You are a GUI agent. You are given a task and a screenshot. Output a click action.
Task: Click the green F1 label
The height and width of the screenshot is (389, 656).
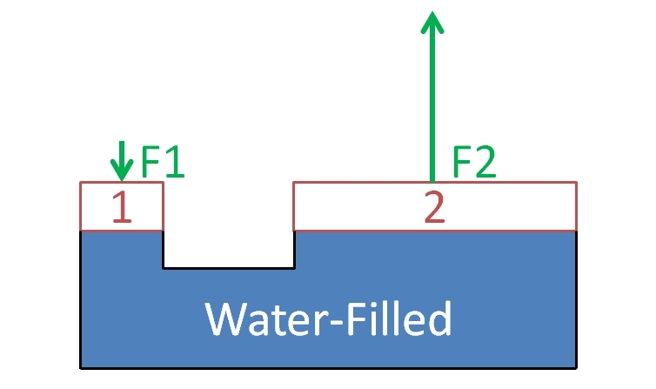(x=163, y=161)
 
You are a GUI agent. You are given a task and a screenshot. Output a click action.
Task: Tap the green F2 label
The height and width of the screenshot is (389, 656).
(x=475, y=162)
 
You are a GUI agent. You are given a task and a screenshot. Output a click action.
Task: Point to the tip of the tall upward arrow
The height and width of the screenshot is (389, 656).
(x=432, y=11)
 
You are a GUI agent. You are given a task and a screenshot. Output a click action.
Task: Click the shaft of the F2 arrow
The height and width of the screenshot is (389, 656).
(x=432, y=104)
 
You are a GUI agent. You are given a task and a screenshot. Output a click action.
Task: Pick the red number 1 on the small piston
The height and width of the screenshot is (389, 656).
(x=122, y=208)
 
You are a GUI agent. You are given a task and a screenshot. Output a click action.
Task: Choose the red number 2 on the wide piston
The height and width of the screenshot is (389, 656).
(x=434, y=208)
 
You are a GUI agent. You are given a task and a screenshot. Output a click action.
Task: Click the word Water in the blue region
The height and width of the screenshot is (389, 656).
(x=260, y=319)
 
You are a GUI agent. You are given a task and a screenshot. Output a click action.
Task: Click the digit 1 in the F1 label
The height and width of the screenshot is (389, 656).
(x=175, y=161)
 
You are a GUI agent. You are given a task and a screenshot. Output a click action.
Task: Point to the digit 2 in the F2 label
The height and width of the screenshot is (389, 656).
(x=485, y=162)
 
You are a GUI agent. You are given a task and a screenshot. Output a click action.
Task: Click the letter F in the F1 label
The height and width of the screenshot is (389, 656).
(x=151, y=161)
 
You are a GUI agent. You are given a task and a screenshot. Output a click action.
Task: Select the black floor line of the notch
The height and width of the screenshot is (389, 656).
(x=229, y=267)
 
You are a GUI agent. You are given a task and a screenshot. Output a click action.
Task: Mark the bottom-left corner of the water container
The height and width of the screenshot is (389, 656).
(x=81, y=366)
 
